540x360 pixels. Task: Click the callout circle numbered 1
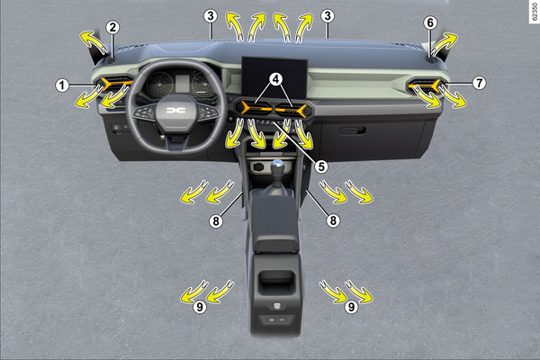(x=62, y=85)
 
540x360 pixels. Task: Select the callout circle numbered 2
(x=112, y=28)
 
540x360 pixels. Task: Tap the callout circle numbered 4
(x=275, y=79)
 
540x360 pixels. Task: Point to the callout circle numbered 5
(x=321, y=166)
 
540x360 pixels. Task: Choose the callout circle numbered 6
(x=430, y=23)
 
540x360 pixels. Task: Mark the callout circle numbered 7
(x=479, y=83)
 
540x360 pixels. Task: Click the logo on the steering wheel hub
(x=176, y=110)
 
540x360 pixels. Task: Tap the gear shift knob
(x=277, y=167)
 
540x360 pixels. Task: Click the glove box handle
(x=352, y=130)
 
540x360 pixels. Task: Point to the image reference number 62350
(x=534, y=12)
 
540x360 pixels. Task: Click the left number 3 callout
(x=210, y=16)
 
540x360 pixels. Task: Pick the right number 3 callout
(x=328, y=16)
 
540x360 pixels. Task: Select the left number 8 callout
(x=216, y=221)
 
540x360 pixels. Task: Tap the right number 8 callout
(x=333, y=220)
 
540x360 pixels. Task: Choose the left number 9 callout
(x=200, y=307)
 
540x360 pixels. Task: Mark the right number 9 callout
(x=351, y=307)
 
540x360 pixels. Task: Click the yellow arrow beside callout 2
(x=94, y=41)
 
